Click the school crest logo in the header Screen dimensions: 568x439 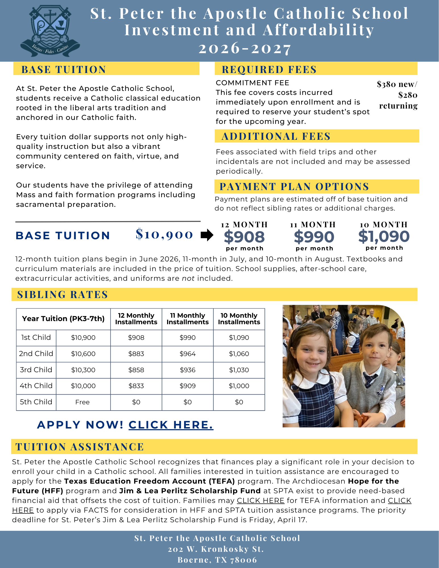tap(50, 31)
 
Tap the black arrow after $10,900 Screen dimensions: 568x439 tap(207, 235)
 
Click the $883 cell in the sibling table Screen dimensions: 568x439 tap(136, 354)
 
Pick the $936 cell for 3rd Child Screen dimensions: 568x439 tap(188, 370)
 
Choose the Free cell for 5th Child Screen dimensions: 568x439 tap(83, 402)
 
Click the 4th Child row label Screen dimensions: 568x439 tap(36, 386)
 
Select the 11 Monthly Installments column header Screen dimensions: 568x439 tap(188, 319)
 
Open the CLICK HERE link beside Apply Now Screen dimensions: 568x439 tap(171, 425)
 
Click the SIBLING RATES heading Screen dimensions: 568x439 tap(63, 295)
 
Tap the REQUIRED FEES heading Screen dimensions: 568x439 tap(269, 70)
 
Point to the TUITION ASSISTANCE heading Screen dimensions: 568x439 tap(80, 447)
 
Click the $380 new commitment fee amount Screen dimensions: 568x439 tap(397, 84)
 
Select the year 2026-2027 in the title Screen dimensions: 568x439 tap(245, 48)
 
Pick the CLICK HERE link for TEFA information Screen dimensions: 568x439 tap(261, 501)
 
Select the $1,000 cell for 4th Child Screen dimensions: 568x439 tap(239, 386)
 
